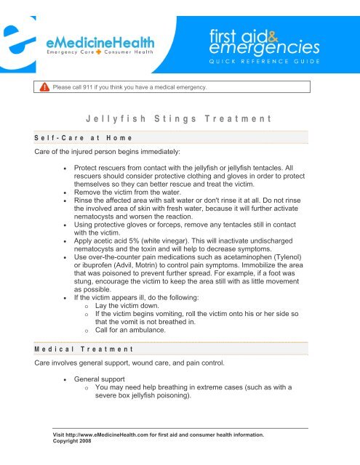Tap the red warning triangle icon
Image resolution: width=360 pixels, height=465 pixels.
coord(44,87)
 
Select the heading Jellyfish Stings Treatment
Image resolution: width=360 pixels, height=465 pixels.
coord(178,116)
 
